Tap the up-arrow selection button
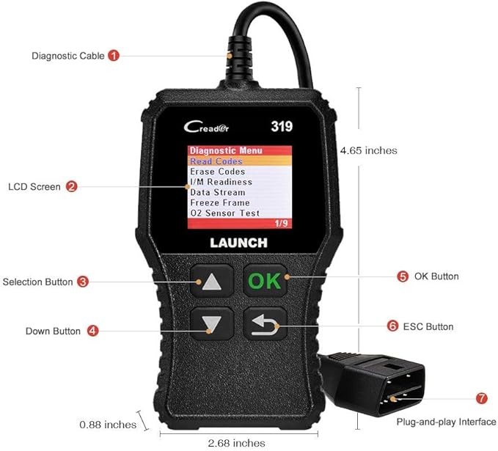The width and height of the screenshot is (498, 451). pos(211,281)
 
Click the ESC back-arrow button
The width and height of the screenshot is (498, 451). pos(265,323)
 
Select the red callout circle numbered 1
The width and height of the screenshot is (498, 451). pos(114,55)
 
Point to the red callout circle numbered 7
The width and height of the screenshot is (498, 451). pos(481,398)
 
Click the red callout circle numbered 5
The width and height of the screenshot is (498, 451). pos(403,276)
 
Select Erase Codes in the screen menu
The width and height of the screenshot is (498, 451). pos(217,172)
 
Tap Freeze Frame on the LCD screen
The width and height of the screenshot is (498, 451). pos(219,202)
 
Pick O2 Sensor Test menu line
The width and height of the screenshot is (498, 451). pos(224,213)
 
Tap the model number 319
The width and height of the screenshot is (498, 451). pos(282,126)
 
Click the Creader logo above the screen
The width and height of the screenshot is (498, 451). pos(207,126)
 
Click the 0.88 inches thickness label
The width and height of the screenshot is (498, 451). pos(108,425)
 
